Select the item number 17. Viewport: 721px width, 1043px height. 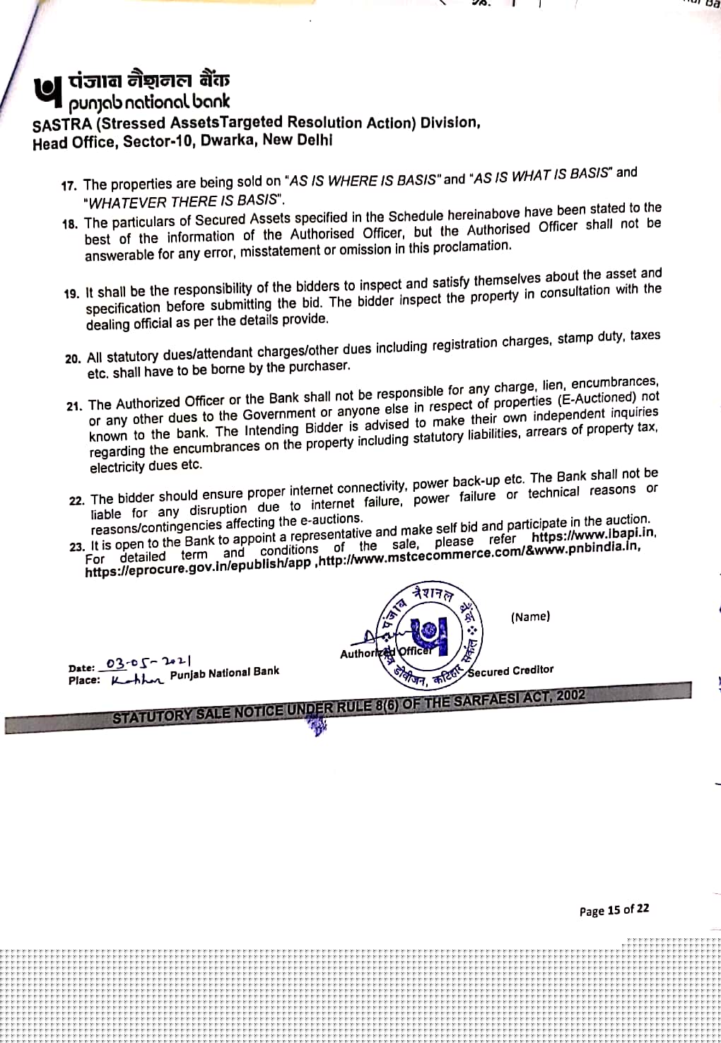click(x=69, y=186)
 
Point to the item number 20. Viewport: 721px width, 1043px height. click(x=73, y=358)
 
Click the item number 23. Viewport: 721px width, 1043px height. click(x=77, y=547)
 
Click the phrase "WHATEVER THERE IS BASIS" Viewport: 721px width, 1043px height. click(x=182, y=201)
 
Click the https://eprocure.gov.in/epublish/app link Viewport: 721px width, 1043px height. click(x=197, y=570)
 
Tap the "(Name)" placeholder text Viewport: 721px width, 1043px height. click(x=530, y=617)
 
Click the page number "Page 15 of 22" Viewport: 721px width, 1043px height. click(x=614, y=910)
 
